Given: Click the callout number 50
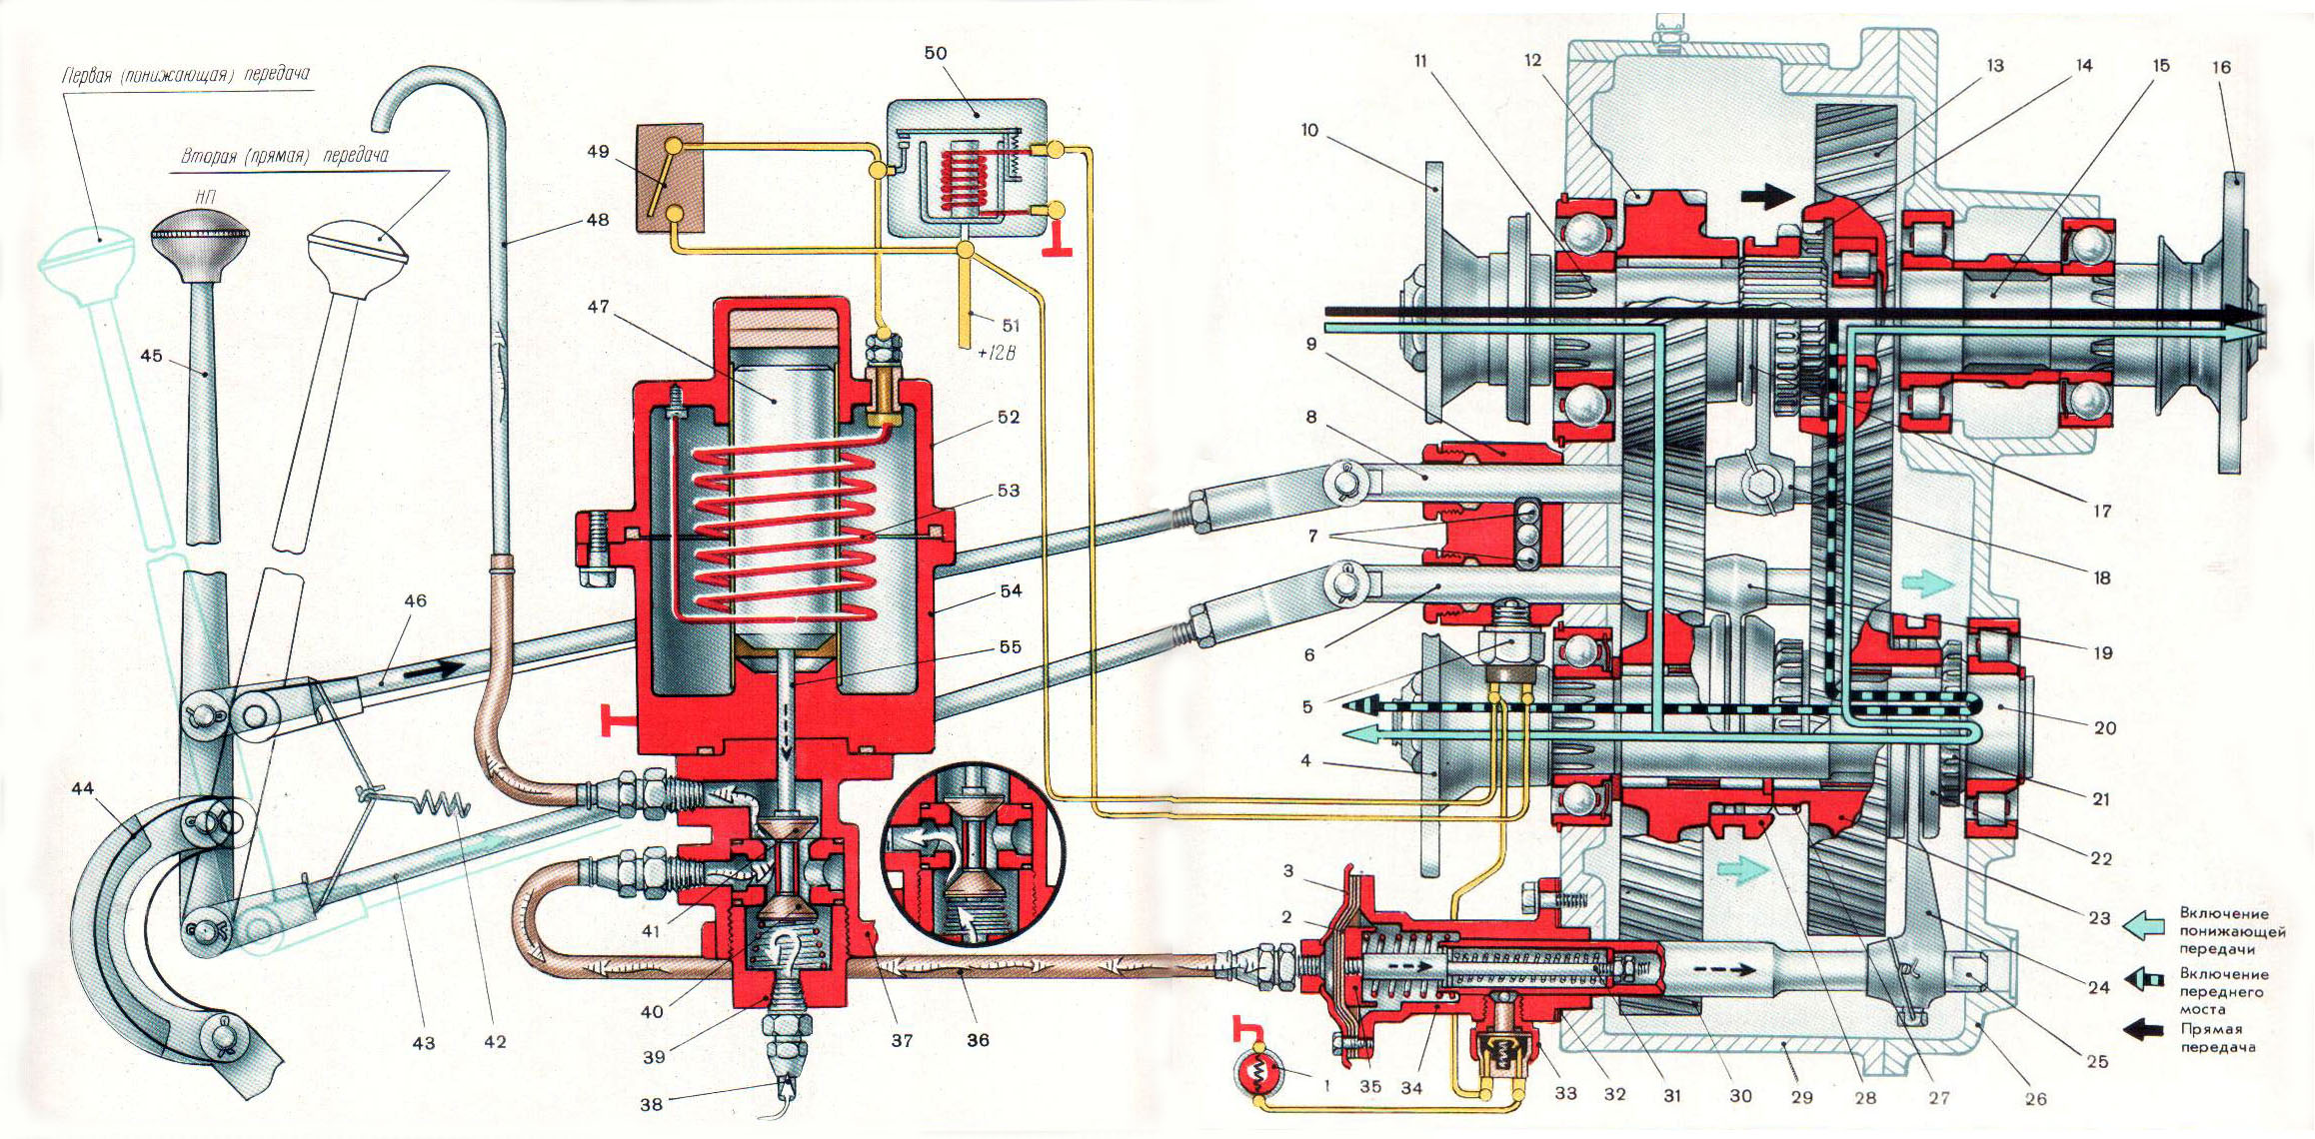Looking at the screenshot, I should pyautogui.click(x=936, y=53).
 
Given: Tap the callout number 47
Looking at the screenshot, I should pyautogui.click(x=598, y=307).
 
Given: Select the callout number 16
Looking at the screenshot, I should pyautogui.click(x=2221, y=67).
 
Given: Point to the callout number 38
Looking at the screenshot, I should pyautogui.click(x=651, y=1104).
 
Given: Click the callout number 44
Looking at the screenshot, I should pyautogui.click(x=82, y=789).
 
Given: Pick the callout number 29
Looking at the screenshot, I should pyautogui.click(x=1801, y=1097).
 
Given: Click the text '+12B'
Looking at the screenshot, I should pyautogui.click(x=996, y=353).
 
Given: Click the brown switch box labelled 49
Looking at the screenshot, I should pyautogui.click(x=670, y=181).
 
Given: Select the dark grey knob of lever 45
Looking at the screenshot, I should pyautogui.click(x=200, y=238).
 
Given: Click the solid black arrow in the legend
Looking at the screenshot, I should pyautogui.click(x=2143, y=1030).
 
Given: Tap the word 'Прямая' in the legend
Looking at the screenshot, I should pyautogui.click(x=2209, y=1029).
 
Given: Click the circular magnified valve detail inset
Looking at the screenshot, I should pyautogui.click(x=972, y=859).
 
